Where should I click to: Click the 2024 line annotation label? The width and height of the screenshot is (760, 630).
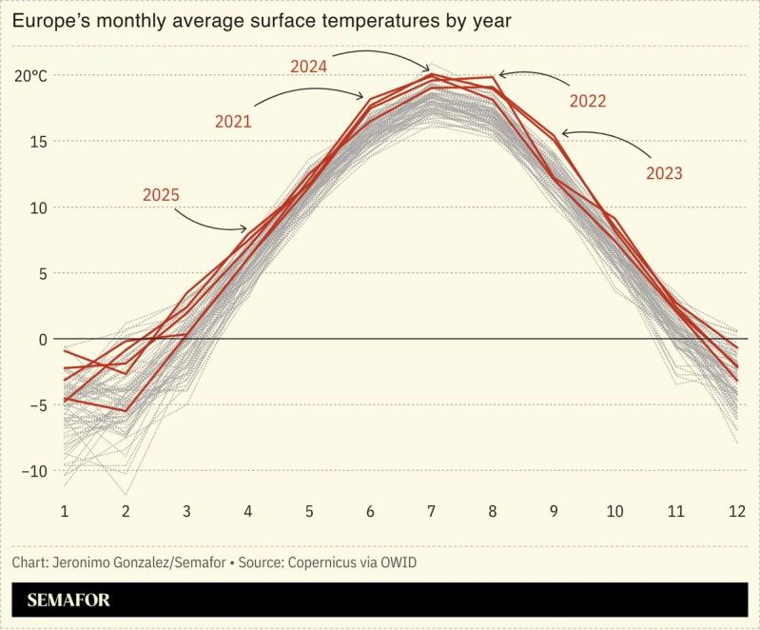pyautogui.click(x=308, y=67)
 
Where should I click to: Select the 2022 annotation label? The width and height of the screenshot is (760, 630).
pyautogui.click(x=588, y=100)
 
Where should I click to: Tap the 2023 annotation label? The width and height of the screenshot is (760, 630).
pyautogui.click(x=664, y=173)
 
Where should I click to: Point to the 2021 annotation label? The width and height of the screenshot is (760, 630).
pyautogui.click(x=233, y=121)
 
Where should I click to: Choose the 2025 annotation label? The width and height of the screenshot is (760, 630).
pyautogui.click(x=161, y=195)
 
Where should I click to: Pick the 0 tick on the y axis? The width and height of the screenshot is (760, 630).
pyautogui.click(x=41, y=339)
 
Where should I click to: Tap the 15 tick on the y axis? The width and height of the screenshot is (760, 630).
pyautogui.click(x=37, y=141)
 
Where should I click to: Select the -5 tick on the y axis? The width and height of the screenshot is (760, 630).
pyautogui.click(x=36, y=405)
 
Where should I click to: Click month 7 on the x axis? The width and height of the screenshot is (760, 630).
pyautogui.click(x=432, y=511)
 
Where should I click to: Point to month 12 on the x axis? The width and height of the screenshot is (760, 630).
pyautogui.click(x=737, y=511)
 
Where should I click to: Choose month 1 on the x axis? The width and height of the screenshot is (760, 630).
pyautogui.click(x=66, y=511)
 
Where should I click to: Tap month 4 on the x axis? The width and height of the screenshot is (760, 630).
pyautogui.click(x=248, y=511)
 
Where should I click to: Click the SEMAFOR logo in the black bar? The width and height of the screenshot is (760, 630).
pyautogui.click(x=68, y=600)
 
